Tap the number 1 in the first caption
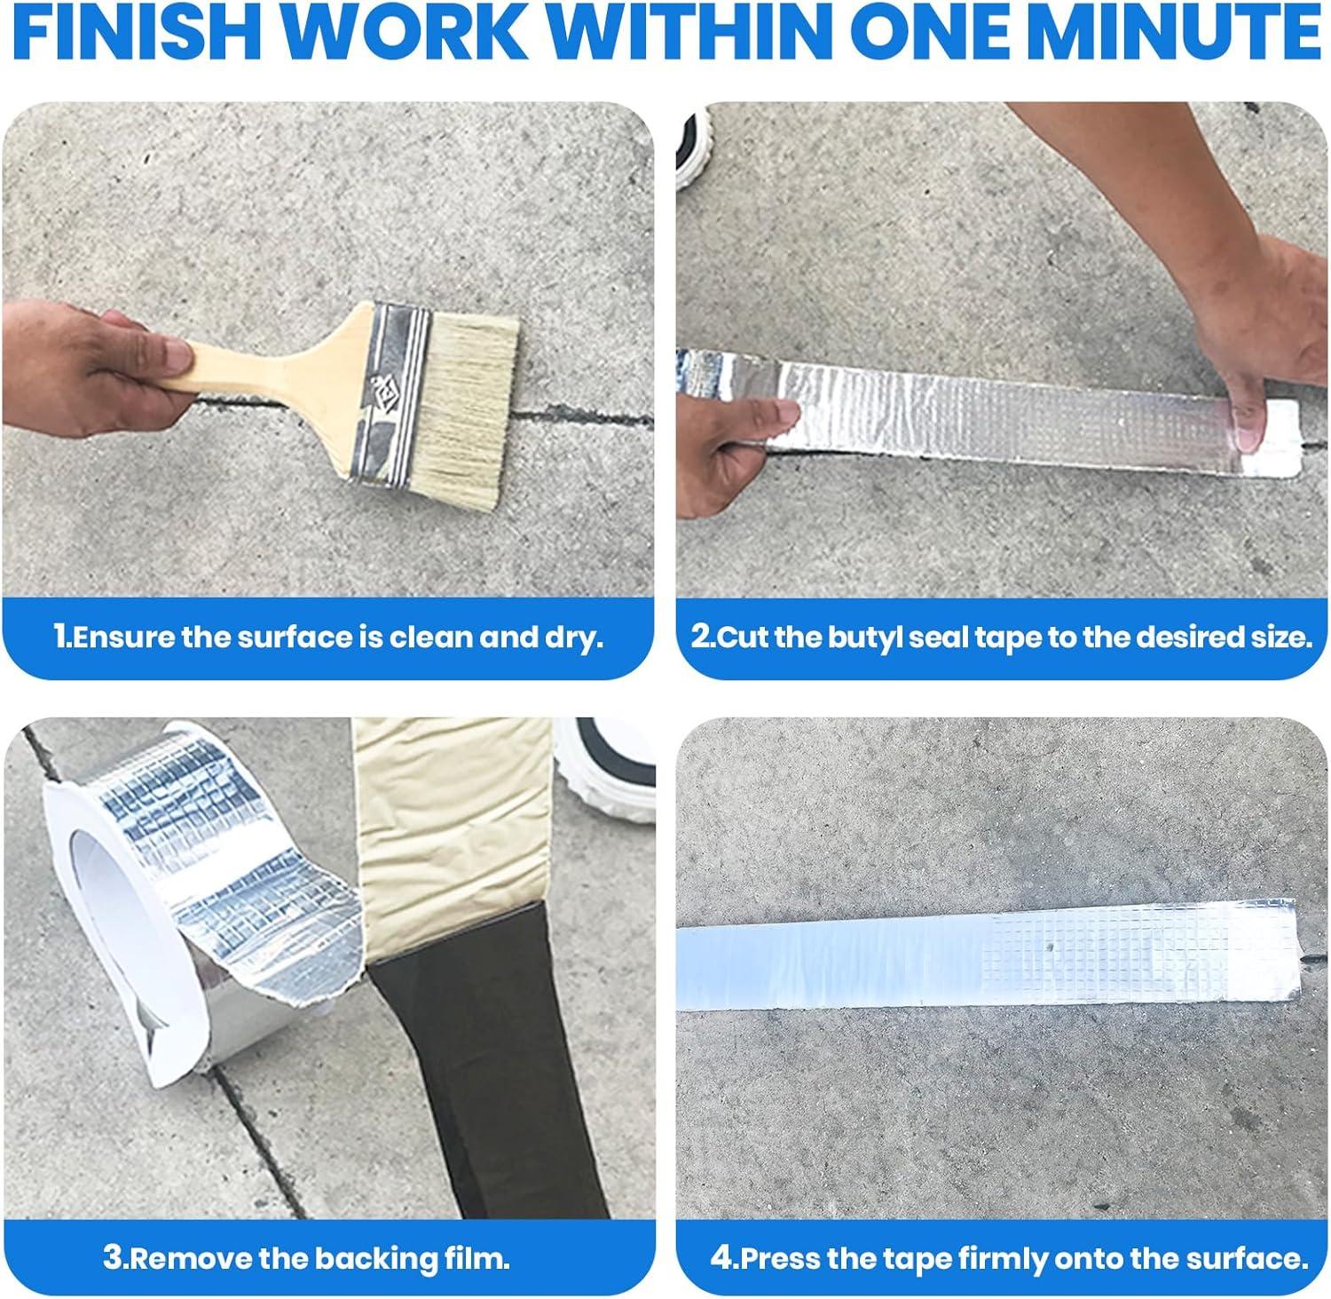click(60, 638)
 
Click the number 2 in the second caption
click(701, 638)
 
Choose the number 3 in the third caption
click(112, 1258)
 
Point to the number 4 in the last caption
click(721, 1258)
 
